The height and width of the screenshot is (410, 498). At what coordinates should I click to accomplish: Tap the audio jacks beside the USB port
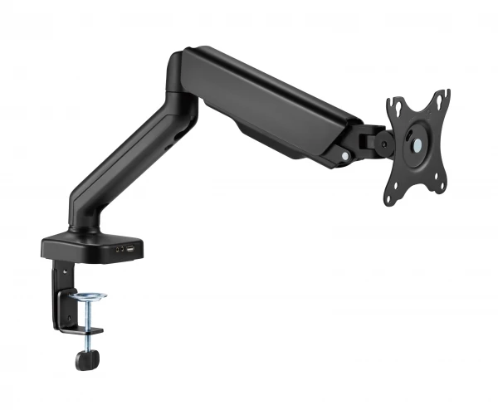click(x=120, y=247)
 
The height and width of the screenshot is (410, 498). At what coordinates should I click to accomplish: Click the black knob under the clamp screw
click(x=86, y=359)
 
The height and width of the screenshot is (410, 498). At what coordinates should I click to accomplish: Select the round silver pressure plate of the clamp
click(x=88, y=295)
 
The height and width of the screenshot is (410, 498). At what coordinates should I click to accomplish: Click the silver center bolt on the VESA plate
click(x=417, y=144)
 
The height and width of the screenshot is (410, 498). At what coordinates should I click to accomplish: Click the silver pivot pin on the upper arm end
click(x=344, y=155)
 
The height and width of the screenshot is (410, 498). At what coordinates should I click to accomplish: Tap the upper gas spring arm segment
click(x=266, y=104)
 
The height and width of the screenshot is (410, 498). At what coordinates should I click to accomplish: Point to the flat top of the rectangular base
click(x=83, y=240)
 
